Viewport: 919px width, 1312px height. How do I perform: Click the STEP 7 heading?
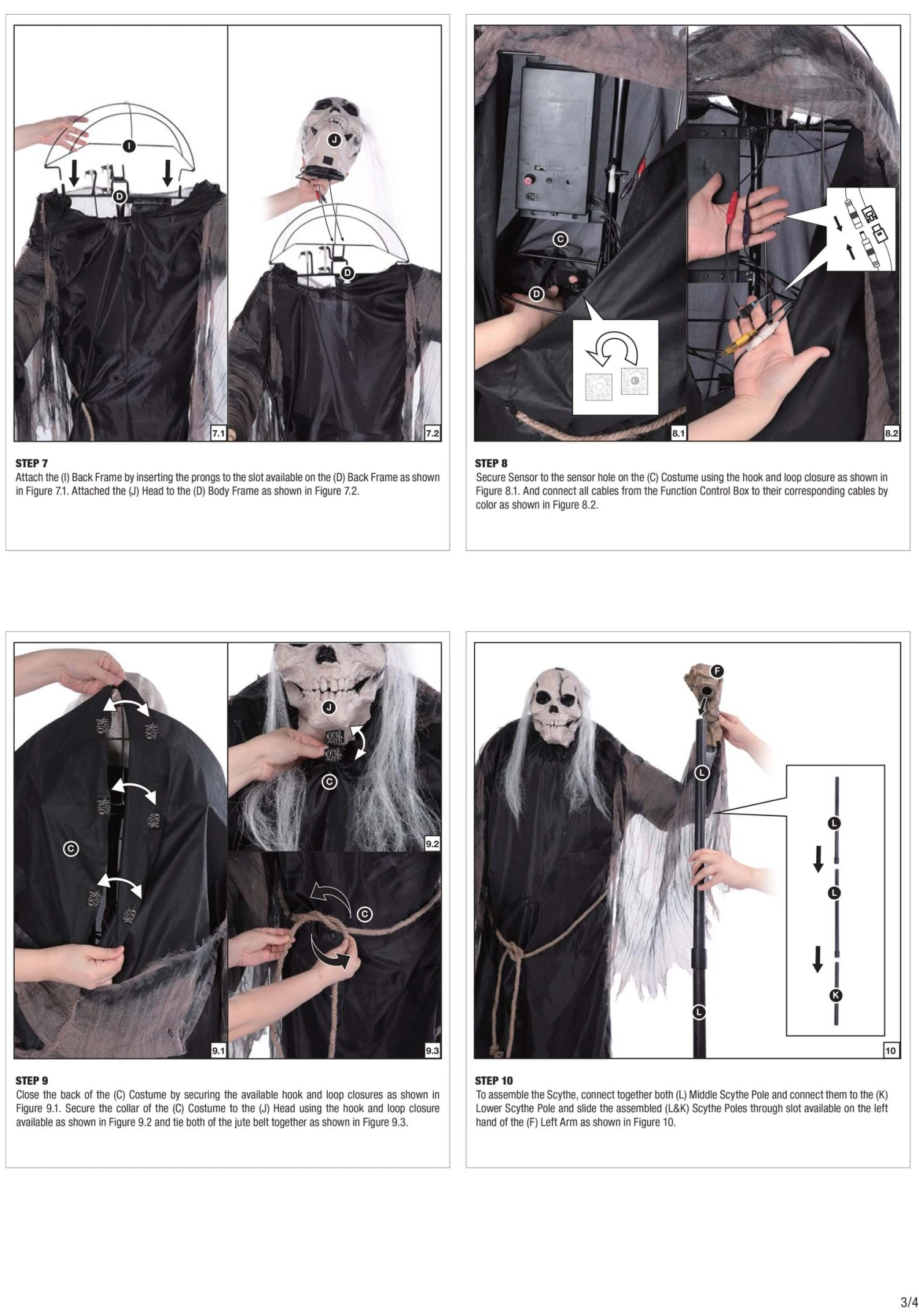point(31,463)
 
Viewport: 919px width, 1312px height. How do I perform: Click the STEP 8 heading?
point(491,463)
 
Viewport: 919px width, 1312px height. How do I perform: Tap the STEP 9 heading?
point(31,1081)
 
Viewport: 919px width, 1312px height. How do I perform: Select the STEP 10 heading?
point(493,1081)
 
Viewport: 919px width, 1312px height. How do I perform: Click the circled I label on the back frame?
point(129,146)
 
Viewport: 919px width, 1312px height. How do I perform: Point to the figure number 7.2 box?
point(432,433)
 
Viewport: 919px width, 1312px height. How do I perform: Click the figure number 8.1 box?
point(678,433)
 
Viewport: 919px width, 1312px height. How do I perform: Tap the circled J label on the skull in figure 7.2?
point(335,140)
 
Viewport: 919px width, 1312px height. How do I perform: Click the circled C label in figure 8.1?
point(560,239)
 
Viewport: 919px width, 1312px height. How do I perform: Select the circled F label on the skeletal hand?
point(716,671)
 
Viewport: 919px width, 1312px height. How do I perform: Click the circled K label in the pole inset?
point(835,995)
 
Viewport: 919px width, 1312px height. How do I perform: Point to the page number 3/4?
point(909,1302)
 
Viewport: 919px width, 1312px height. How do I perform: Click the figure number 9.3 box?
point(432,1051)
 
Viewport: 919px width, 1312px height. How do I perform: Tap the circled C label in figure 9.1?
point(71,849)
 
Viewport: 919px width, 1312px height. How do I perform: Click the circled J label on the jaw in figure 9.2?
point(329,708)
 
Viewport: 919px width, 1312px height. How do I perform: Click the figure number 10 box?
point(890,1051)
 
